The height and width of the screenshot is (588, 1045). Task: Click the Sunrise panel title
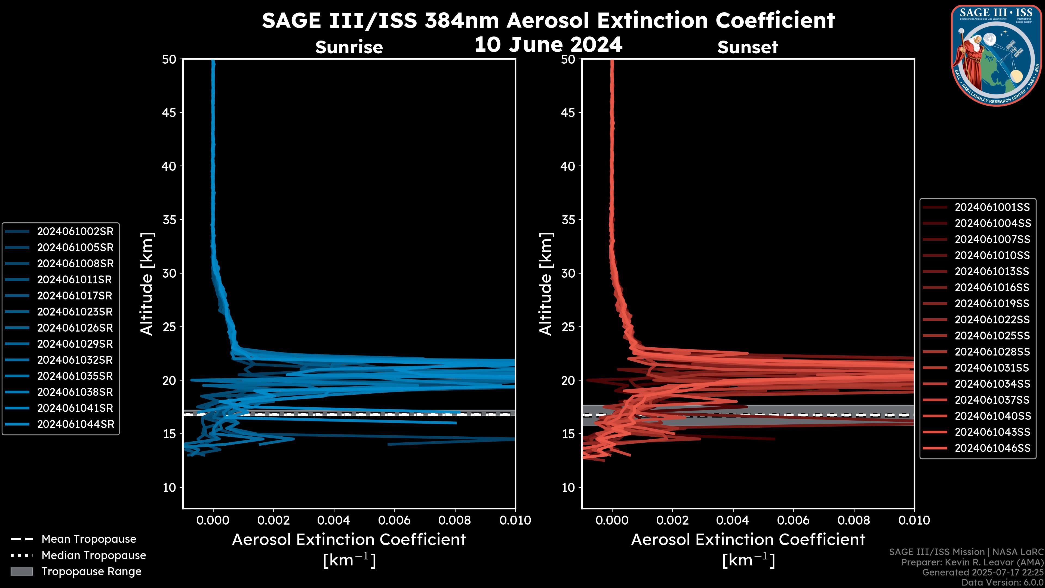(349, 47)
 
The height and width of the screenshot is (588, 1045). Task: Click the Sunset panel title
(748, 47)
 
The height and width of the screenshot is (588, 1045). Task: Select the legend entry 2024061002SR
(75, 231)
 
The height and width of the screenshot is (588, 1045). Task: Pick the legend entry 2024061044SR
(75, 424)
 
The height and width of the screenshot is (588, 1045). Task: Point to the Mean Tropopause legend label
(89, 539)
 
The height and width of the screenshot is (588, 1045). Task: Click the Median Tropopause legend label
(94, 555)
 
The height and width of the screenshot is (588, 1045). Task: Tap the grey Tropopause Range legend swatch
(21, 571)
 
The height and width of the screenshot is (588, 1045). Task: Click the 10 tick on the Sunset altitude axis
(568, 487)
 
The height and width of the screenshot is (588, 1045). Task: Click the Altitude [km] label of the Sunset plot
(546, 284)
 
